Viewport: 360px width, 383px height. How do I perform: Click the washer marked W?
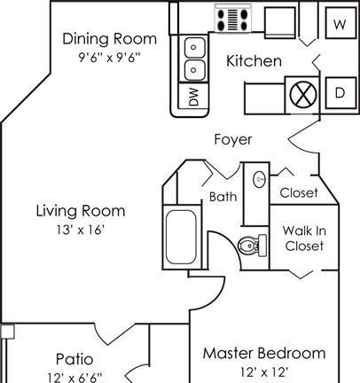(340, 23)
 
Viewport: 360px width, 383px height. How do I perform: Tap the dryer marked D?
(340, 93)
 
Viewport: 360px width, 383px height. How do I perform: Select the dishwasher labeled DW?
(193, 96)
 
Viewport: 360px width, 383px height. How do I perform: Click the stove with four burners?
(232, 19)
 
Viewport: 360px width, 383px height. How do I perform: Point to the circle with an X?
(303, 95)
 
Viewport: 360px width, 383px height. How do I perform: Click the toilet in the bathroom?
(253, 246)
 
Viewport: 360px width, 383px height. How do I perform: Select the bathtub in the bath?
(181, 237)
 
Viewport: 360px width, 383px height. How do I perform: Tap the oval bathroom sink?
(260, 179)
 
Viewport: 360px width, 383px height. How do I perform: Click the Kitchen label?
(254, 61)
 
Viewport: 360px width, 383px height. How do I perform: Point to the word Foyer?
(233, 139)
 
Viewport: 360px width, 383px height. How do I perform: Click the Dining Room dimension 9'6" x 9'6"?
(109, 57)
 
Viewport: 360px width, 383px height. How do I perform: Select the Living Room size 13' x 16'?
(81, 230)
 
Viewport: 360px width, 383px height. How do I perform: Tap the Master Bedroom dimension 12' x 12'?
(264, 372)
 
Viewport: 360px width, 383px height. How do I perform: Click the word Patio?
(74, 359)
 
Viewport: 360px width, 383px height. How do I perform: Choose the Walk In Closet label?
(304, 238)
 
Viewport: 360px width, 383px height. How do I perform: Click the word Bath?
(223, 197)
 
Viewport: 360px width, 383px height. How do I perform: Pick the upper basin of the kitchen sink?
(194, 47)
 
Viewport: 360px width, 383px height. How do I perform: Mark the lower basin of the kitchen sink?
(194, 70)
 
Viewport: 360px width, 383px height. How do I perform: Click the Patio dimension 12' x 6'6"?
(74, 378)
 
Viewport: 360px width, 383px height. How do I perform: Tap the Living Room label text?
(81, 211)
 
